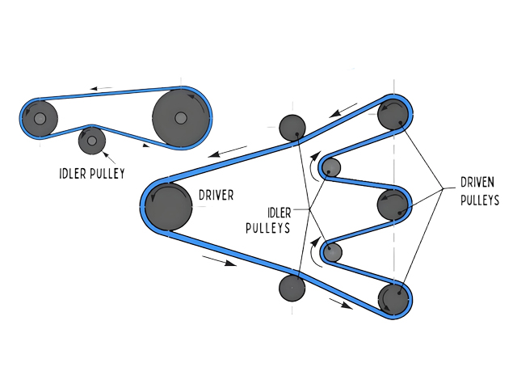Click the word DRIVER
215,195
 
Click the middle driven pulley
394,204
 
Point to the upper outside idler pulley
292,127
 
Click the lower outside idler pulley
292,287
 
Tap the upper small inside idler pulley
332,167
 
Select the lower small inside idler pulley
332,251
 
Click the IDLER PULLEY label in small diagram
91,172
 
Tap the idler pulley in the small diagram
92,141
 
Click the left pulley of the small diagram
40,119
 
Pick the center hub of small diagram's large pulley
180,118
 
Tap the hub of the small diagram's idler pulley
92,141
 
